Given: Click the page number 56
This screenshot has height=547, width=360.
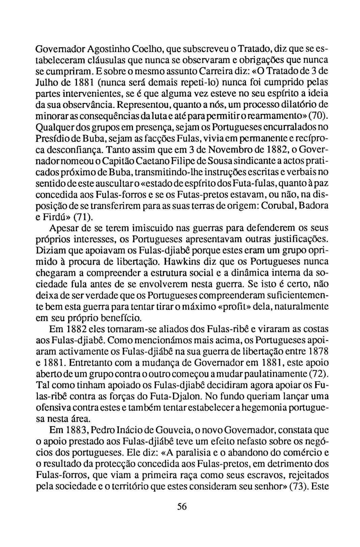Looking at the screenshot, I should (x=182, y=506).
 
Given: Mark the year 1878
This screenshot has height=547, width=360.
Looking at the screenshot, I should (x=318, y=351).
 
